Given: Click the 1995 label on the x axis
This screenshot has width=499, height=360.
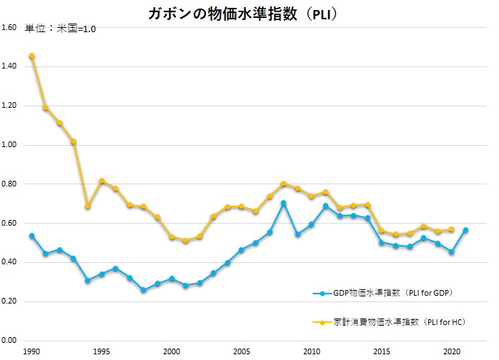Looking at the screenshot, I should click(x=102, y=351).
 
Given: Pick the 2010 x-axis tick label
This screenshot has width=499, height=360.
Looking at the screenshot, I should click(x=312, y=351).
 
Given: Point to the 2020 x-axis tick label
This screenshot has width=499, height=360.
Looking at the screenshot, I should click(x=451, y=351).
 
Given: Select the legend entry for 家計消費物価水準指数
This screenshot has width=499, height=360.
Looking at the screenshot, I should click(x=392, y=322).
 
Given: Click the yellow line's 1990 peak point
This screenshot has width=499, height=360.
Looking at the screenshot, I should click(x=31, y=56).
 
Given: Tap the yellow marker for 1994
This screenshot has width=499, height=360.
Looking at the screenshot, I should click(x=87, y=206).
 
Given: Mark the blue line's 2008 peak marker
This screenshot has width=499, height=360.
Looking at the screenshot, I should click(x=283, y=203).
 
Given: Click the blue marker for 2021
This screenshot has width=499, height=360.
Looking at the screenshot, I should click(x=465, y=230).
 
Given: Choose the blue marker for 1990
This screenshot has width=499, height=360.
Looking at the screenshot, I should click(x=31, y=236).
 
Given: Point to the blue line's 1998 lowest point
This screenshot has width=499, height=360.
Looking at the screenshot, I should click(x=143, y=290).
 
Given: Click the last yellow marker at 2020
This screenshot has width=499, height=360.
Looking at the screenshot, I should click(x=451, y=229).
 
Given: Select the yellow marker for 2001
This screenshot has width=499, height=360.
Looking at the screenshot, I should click(x=185, y=241).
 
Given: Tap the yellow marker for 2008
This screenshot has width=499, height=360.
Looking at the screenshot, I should click(x=283, y=184).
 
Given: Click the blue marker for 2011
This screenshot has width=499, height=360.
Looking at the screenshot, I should click(x=325, y=206).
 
